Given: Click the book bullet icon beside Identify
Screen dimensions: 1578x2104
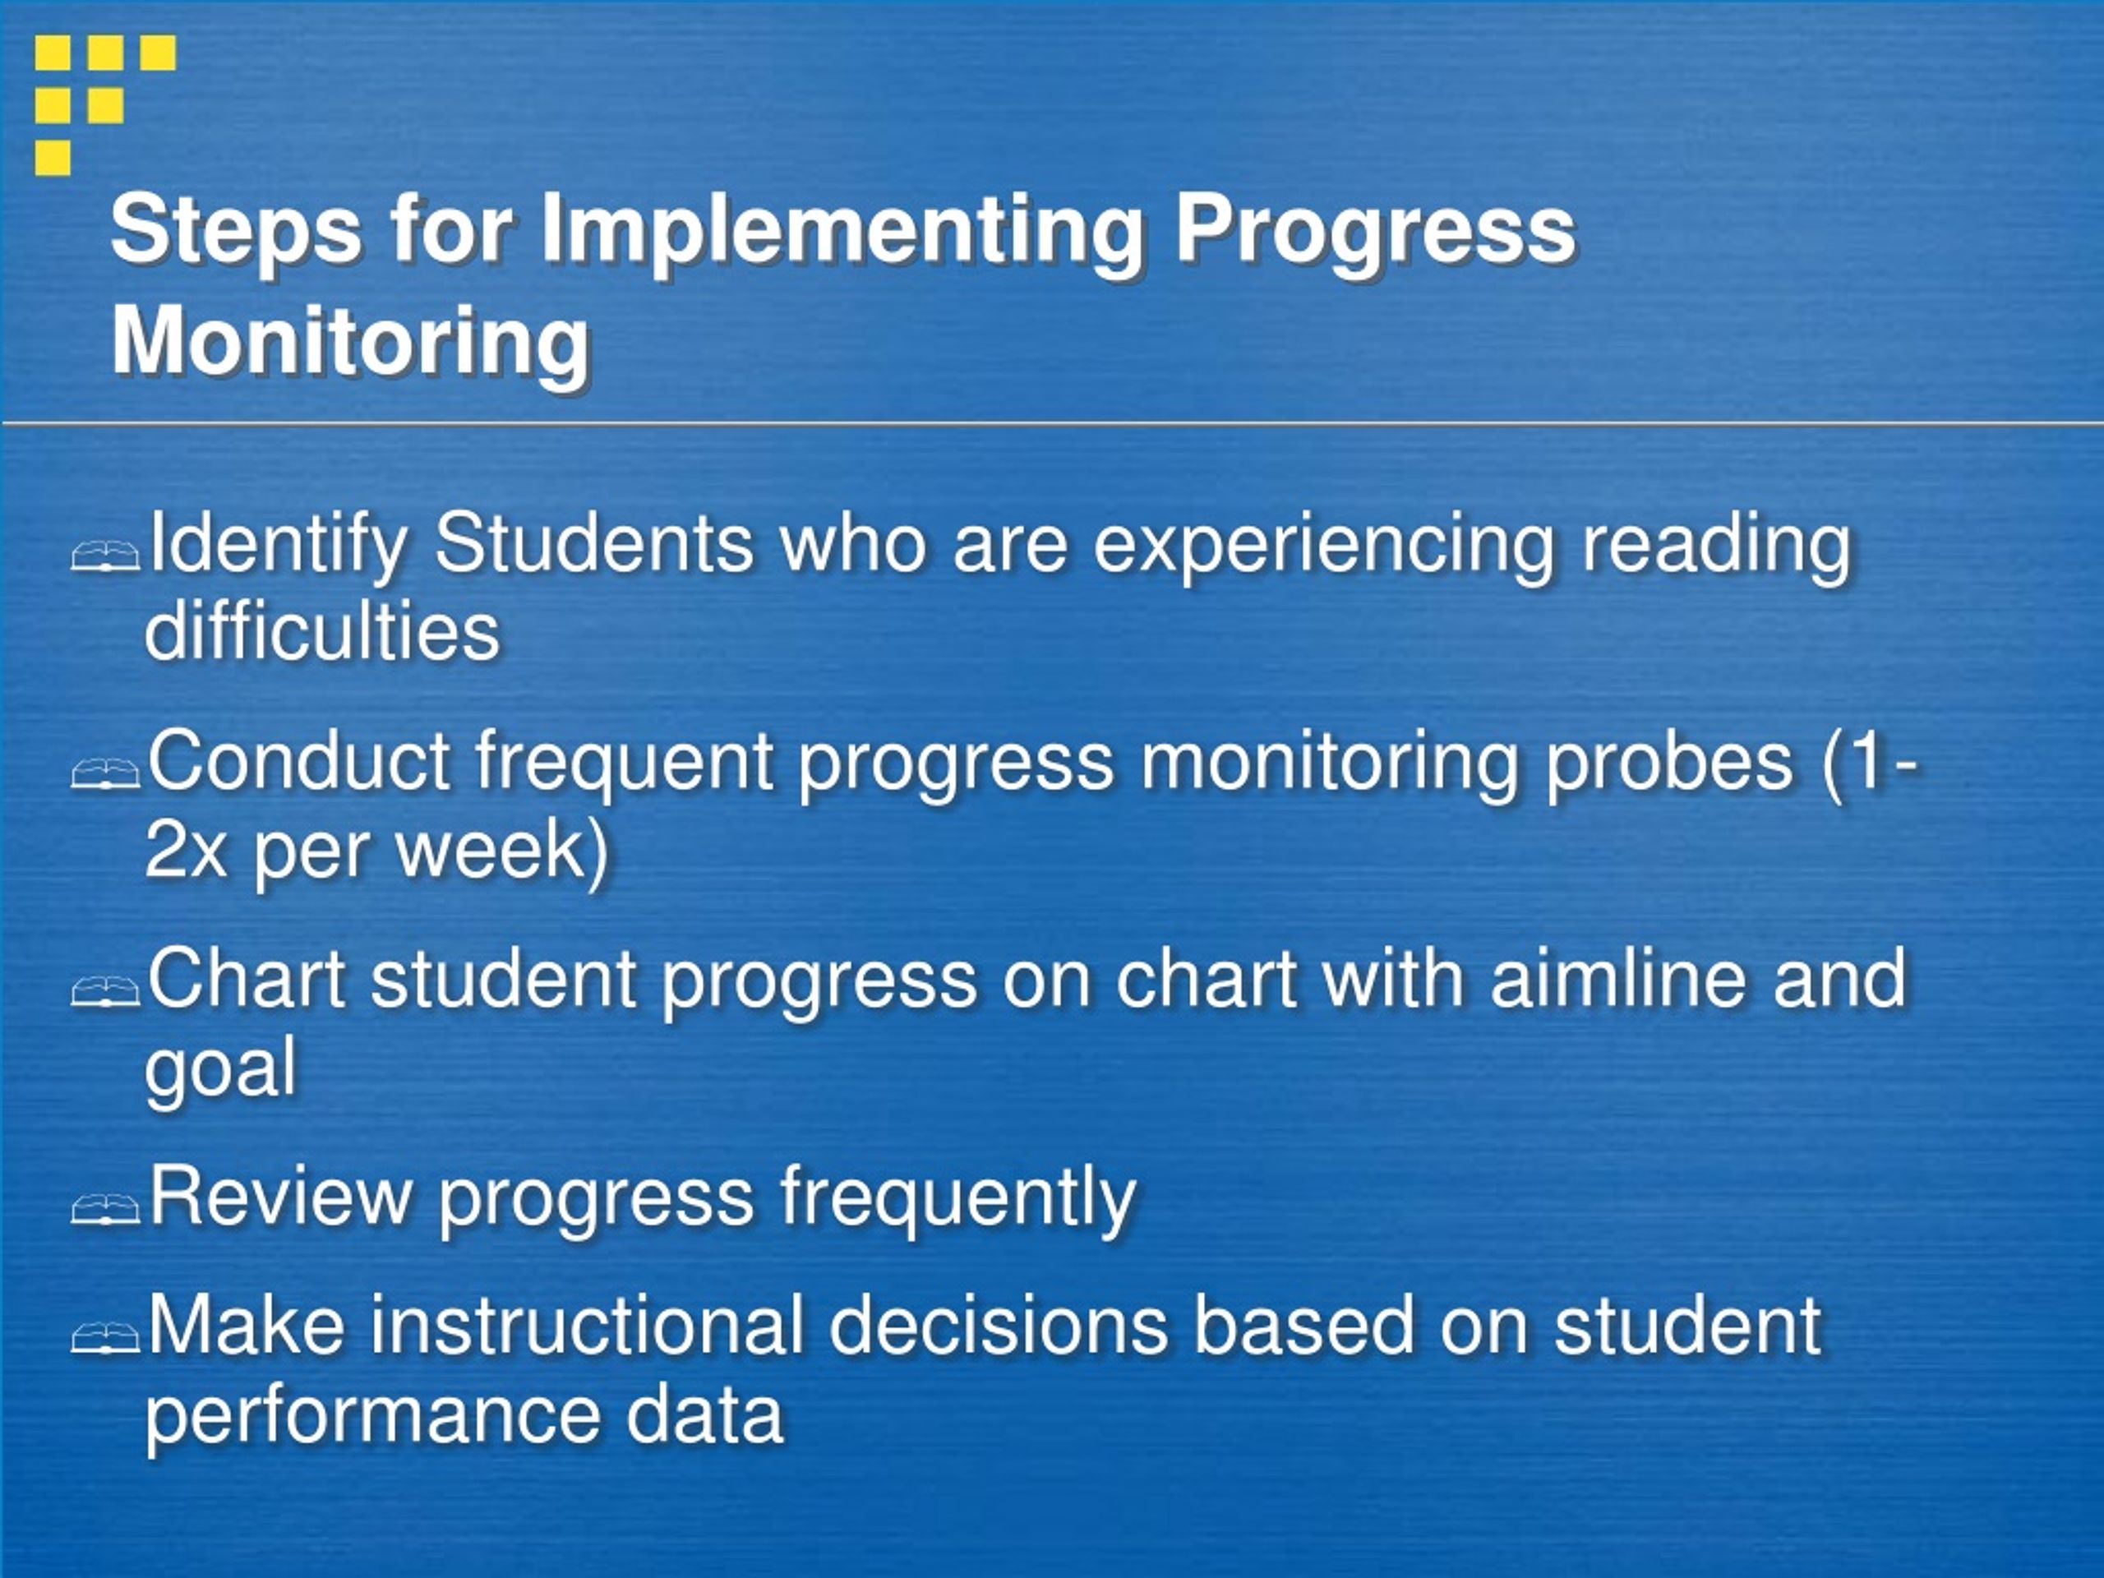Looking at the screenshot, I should pos(105,555).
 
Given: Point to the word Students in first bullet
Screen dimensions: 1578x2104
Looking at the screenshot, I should pos(593,544).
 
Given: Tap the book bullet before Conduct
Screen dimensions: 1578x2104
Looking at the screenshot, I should pos(105,773).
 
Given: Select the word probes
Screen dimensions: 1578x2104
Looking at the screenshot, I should pos(1668,763).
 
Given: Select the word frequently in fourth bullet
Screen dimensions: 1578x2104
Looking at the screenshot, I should pos(957,1198).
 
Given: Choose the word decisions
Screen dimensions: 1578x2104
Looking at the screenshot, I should pos(998,1326).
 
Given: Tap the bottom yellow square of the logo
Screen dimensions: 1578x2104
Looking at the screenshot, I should pos(53,157).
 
